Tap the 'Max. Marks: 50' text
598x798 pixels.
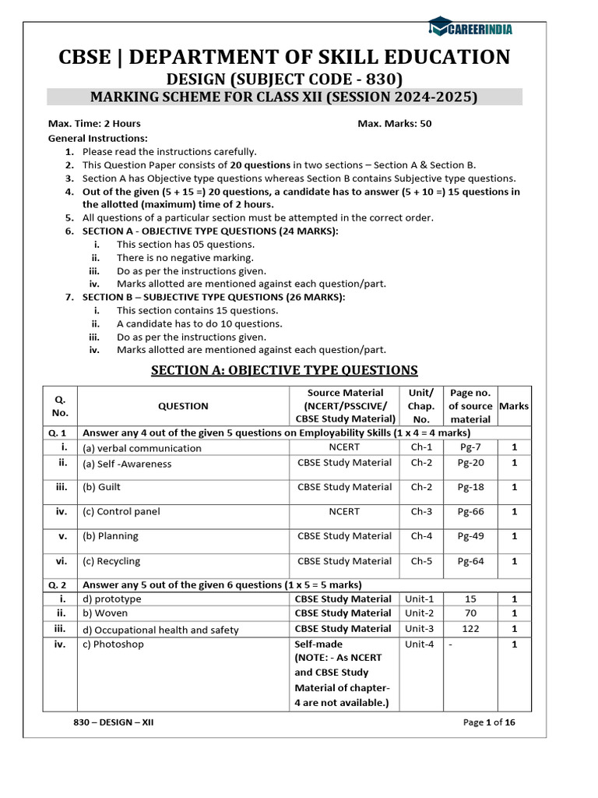tap(394, 123)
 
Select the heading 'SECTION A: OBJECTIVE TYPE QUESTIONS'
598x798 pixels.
tap(284, 370)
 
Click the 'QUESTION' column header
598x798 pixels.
tap(183, 406)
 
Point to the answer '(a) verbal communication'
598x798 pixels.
tap(142, 448)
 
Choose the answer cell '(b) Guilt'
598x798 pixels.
tap(102, 487)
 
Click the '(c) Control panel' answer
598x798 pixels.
tap(121, 512)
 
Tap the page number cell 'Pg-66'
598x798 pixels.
tap(470, 512)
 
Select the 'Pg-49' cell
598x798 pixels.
tap(470, 536)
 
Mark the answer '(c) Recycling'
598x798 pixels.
tap(111, 561)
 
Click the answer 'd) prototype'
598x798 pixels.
tap(112, 599)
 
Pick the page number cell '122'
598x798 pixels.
tap(470, 629)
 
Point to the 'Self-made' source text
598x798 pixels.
tap(318, 644)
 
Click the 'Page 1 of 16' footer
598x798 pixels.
tap(489, 722)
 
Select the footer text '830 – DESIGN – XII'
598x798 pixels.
tap(114, 722)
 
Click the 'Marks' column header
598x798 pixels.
tap(514, 406)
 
